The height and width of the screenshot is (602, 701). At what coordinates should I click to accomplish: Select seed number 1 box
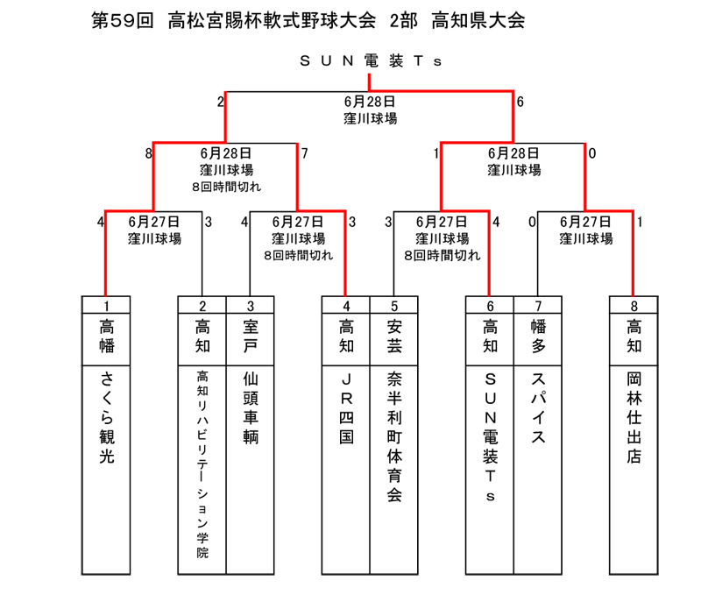click(106, 305)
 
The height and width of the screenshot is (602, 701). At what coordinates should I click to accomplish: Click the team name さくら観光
click(106, 417)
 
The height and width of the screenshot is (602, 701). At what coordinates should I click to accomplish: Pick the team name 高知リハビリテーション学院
click(202, 464)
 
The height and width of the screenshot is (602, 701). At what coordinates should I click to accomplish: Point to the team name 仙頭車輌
click(251, 407)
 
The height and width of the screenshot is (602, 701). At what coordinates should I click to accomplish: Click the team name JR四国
click(346, 407)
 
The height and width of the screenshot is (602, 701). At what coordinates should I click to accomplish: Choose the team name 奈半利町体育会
click(394, 436)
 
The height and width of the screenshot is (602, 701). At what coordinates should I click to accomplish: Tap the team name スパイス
click(538, 407)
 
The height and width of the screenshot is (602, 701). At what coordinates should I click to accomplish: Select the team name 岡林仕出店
click(634, 417)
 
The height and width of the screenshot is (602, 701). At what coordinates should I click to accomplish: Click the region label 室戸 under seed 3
click(251, 336)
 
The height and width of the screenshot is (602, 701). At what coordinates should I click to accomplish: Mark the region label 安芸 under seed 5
click(394, 336)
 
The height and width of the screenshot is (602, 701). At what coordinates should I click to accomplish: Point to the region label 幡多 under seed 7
click(538, 336)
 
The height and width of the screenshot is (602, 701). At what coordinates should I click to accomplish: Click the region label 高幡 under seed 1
click(106, 336)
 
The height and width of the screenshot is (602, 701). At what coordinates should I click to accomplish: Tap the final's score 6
click(520, 102)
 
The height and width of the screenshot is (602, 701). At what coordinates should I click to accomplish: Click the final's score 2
click(221, 102)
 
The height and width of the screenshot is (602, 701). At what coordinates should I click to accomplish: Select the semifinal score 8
click(148, 153)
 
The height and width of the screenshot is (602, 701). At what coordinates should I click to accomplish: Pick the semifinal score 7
click(304, 153)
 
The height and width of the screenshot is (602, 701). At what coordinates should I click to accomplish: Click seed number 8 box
click(634, 305)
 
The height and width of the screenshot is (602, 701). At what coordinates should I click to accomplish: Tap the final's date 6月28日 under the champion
click(369, 102)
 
